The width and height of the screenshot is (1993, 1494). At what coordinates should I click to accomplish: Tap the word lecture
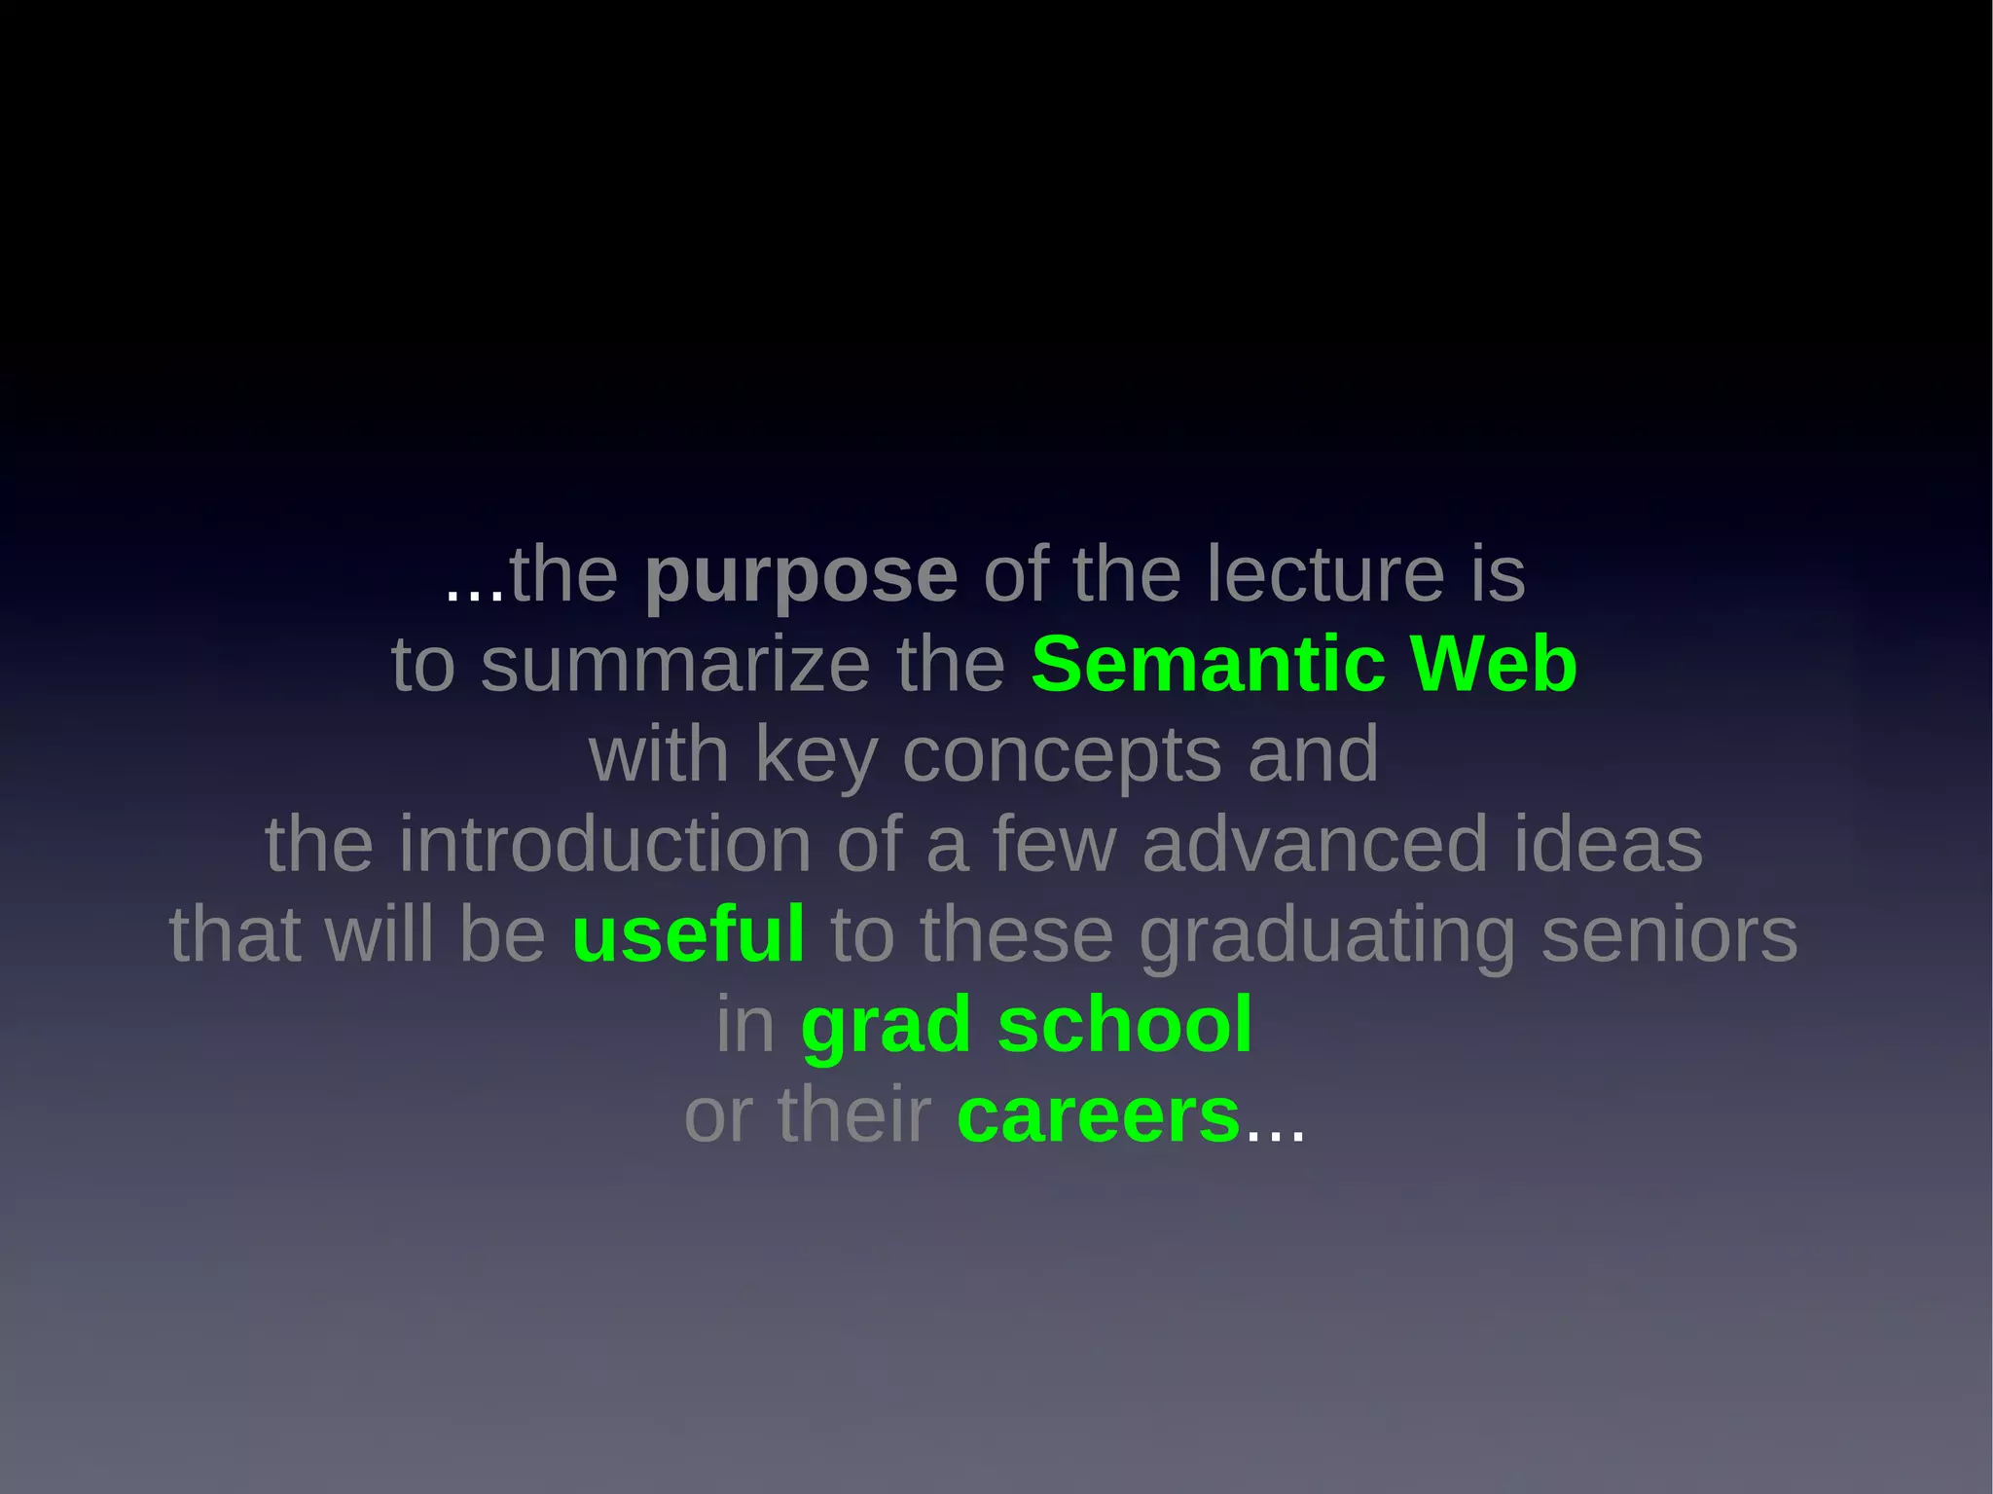click(1325, 574)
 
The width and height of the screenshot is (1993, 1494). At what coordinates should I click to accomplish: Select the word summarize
click(675, 665)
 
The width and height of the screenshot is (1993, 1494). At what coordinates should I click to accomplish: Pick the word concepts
click(1062, 755)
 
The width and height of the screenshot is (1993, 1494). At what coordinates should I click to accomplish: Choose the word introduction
click(605, 844)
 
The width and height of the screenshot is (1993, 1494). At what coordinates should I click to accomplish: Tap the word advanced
click(1315, 844)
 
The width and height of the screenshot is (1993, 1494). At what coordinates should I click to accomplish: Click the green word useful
click(688, 934)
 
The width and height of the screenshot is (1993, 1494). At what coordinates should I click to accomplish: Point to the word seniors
click(1670, 934)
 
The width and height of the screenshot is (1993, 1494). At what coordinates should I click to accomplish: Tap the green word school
click(1125, 1025)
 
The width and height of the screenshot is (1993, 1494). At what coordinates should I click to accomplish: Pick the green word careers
click(1099, 1116)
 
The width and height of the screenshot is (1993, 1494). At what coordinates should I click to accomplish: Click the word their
click(854, 1115)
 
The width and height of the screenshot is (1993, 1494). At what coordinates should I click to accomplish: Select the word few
click(1054, 844)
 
